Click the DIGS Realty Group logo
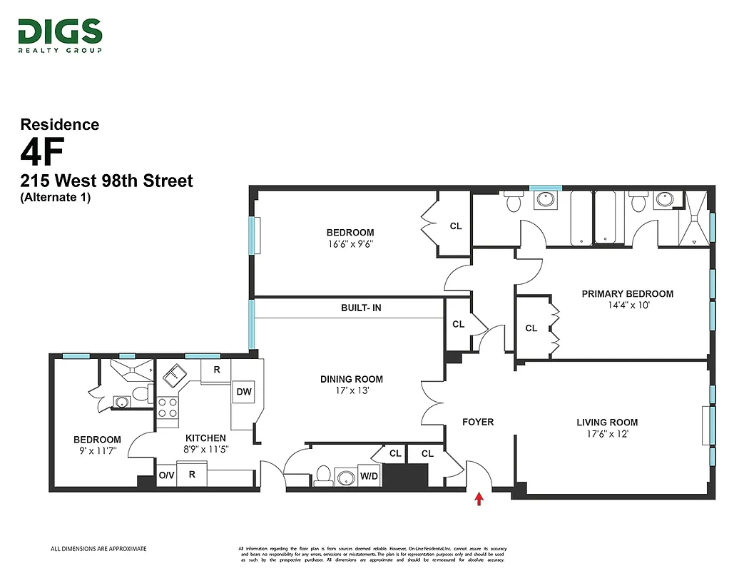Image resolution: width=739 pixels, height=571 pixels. pos(60,35)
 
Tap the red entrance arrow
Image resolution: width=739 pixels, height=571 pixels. pos(479,499)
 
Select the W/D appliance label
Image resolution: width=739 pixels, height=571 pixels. pos(369,476)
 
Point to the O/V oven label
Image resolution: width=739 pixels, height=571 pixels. pos(165,475)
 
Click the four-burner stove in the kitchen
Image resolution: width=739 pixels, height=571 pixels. pos(167,408)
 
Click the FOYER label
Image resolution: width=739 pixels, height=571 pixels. pos(478,422)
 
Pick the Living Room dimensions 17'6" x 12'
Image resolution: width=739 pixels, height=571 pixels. pos(607,434)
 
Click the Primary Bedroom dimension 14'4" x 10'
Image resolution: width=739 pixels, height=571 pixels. pos(627,305)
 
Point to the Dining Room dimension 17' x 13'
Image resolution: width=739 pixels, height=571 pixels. pos(351,390)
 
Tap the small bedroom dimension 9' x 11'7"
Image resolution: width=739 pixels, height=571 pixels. pos(97,451)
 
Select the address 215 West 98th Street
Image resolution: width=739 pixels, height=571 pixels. pos(106,181)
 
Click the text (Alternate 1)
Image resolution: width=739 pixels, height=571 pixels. pos(56,198)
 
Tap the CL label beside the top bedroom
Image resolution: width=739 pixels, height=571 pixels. pos(456,226)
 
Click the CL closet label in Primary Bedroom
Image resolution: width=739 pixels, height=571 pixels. pos(531,328)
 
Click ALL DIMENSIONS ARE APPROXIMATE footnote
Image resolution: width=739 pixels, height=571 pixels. pos(98,549)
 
